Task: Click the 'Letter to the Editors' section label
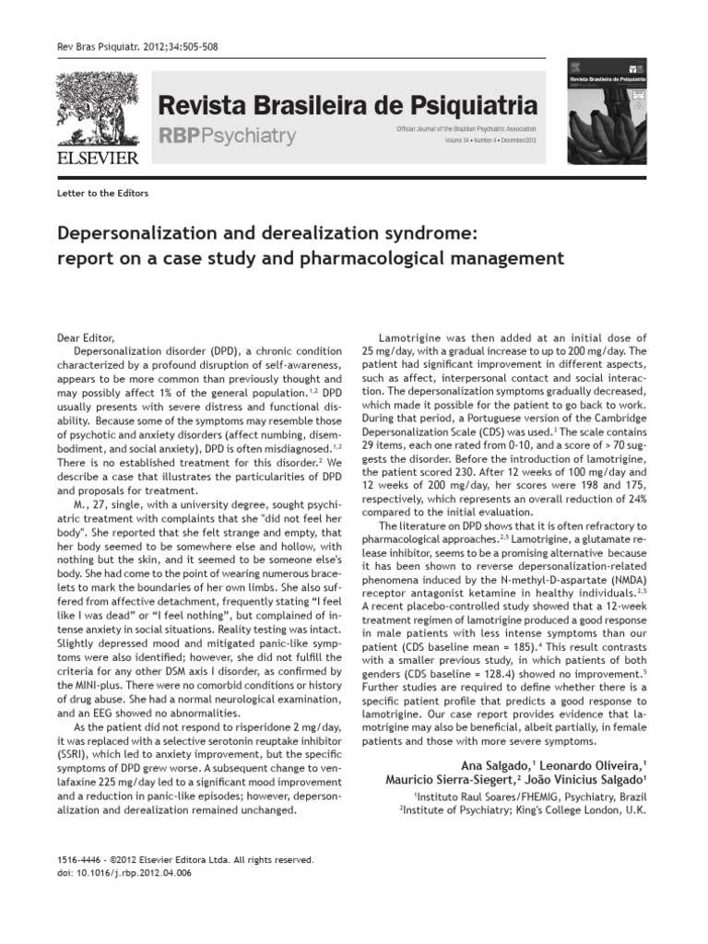tap(102, 194)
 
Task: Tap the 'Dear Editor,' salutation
tap(89, 338)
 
